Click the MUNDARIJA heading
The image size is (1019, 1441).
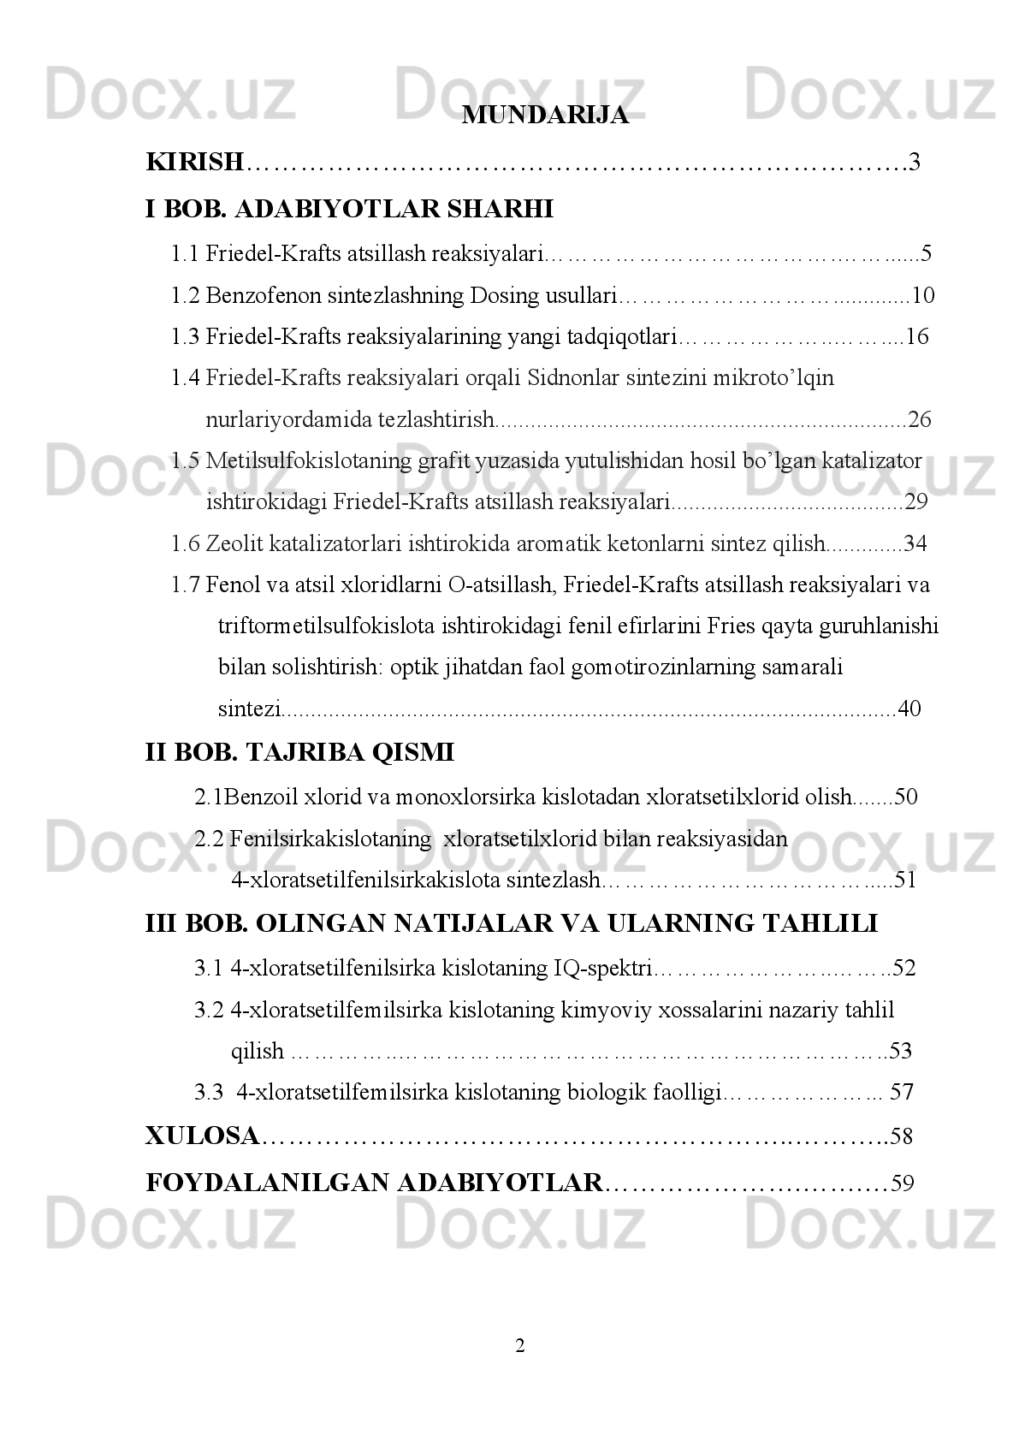click(x=544, y=116)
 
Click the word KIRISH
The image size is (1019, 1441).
click(x=195, y=162)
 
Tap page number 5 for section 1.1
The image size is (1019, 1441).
click(x=925, y=254)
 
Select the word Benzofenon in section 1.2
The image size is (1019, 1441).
click(x=250, y=296)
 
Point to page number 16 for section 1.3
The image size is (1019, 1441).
click(x=916, y=337)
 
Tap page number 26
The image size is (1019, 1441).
click(x=919, y=420)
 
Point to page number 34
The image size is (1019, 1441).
click(x=915, y=544)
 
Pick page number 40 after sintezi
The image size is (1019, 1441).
click(x=909, y=709)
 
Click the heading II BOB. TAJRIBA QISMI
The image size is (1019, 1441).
click(x=299, y=754)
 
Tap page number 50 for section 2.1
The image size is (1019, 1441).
click(x=905, y=798)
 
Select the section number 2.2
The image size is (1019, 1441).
click(x=209, y=839)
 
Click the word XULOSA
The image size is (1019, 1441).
click(x=202, y=1137)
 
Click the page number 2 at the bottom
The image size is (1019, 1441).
click(x=520, y=1347)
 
